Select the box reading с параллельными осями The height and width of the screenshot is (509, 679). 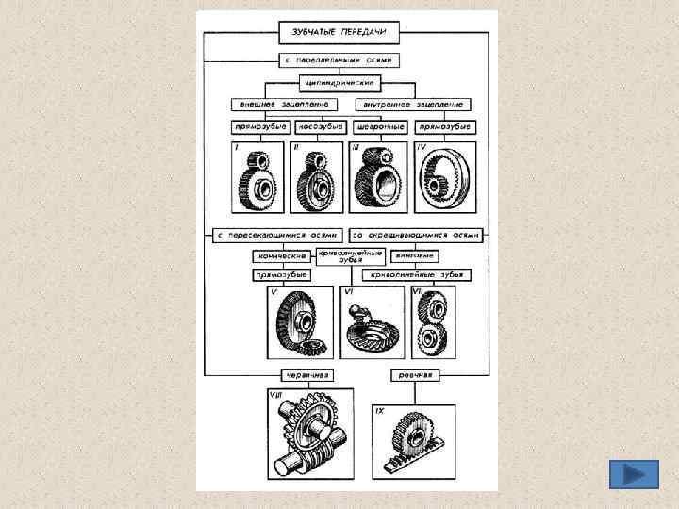[x=344, y=60]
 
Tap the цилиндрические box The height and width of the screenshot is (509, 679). [x=345, y=82]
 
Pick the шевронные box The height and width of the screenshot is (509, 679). [x=380, y=126]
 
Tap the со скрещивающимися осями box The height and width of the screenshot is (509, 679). [x=416, y=234]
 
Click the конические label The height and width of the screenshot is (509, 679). [x=283, y=256]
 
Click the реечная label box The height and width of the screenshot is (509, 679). [x=413, y=374]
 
